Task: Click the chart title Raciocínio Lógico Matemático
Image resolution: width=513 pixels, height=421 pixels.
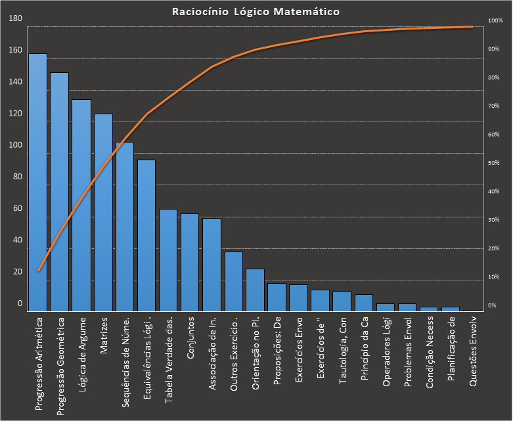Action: tap(257, 11)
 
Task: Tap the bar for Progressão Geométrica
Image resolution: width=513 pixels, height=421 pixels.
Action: tap(59, 191)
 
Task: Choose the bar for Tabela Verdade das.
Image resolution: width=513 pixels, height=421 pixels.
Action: tap(168, 259)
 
